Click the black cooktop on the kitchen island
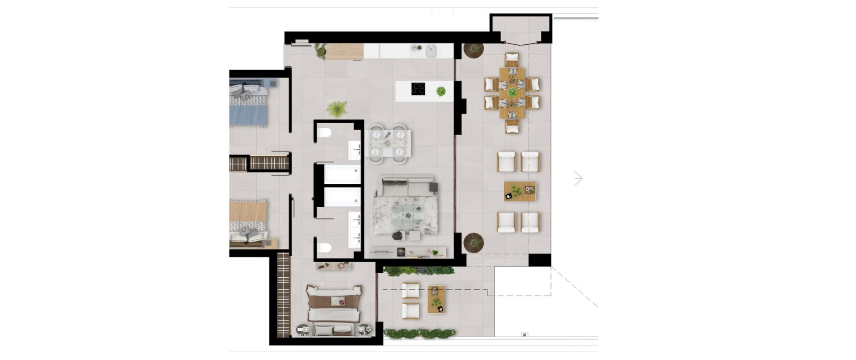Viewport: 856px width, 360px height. click(x=419, y=89)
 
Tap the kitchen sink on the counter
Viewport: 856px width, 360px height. click(x=431, y=51)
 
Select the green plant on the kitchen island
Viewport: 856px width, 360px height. click(x=441, y=91)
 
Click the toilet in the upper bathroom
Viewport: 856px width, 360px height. click(x=325, y=132)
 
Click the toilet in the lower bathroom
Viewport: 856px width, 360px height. click(x=324, y=247)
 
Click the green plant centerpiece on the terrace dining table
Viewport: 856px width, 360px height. click(x=512, y=92)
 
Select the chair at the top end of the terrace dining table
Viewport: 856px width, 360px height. click(x=512, y=59)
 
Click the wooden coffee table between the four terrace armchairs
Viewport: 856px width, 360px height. click(x=519, y=191)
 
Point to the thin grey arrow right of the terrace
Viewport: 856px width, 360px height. click(x=578, y=179)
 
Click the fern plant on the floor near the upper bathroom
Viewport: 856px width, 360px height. click(x=336, y=109)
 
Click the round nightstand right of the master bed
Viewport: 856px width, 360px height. click(x=363, y=330)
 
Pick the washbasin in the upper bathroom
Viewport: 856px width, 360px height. click(x=355, y=150)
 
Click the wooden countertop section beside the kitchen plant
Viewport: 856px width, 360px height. click(x=345, y=52)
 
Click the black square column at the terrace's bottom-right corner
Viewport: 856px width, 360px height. click(x=539, y=260)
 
